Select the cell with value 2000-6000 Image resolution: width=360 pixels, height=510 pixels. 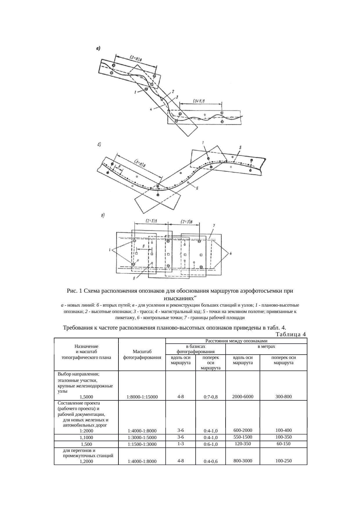point(242,396)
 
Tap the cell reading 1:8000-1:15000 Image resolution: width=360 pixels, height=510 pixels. point(142,397)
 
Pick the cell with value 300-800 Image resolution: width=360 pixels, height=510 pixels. point(283,396)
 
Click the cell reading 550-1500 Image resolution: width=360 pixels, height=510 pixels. point(242,437)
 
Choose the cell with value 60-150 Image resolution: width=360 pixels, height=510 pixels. point(283,444)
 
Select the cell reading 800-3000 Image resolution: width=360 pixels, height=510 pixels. point(242,461)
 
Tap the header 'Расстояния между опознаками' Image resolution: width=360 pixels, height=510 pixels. point(236,341)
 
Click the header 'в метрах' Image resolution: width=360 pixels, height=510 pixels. point(266,346)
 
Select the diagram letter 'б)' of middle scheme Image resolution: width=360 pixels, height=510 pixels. point(99,144)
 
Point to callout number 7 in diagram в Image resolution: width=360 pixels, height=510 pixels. point(213,225)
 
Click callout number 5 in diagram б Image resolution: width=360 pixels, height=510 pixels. point(240,147)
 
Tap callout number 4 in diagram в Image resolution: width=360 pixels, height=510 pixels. point(231,253)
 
